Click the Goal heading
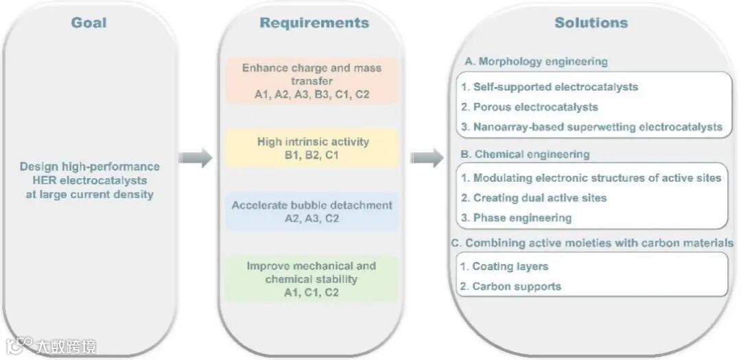89,23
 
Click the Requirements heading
314,23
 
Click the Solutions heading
591,23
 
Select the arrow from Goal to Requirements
196,158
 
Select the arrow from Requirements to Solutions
427,158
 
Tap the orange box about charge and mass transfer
312,81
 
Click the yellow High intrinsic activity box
312,148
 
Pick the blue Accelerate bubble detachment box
312,212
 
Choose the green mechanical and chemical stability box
312,278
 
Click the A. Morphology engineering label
536,62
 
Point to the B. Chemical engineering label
527,154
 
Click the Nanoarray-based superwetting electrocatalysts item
591,127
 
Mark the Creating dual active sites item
534,198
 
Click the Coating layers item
505,266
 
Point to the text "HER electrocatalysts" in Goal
90,180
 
